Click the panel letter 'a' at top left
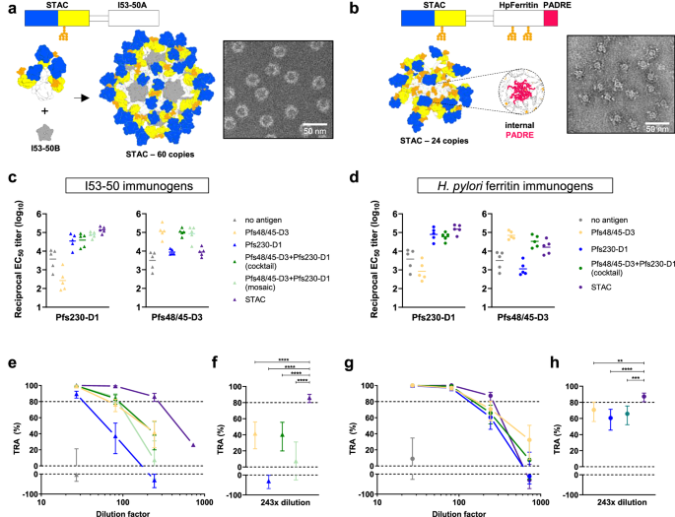[7, 8]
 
